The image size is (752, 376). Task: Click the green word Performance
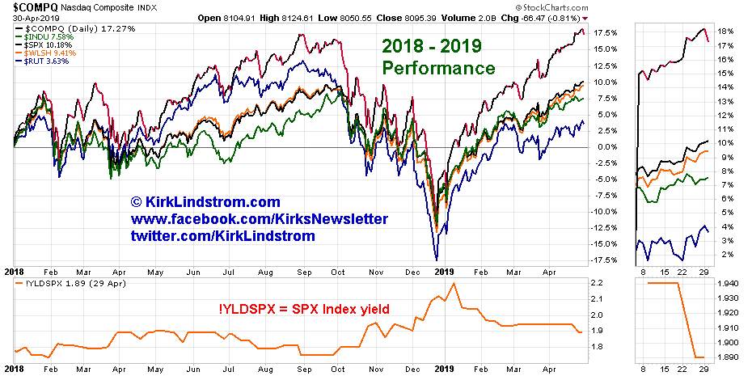438,68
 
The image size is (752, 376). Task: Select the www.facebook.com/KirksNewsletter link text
259,219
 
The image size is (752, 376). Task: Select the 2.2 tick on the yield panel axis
597,284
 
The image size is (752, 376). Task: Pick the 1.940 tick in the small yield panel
727,284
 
